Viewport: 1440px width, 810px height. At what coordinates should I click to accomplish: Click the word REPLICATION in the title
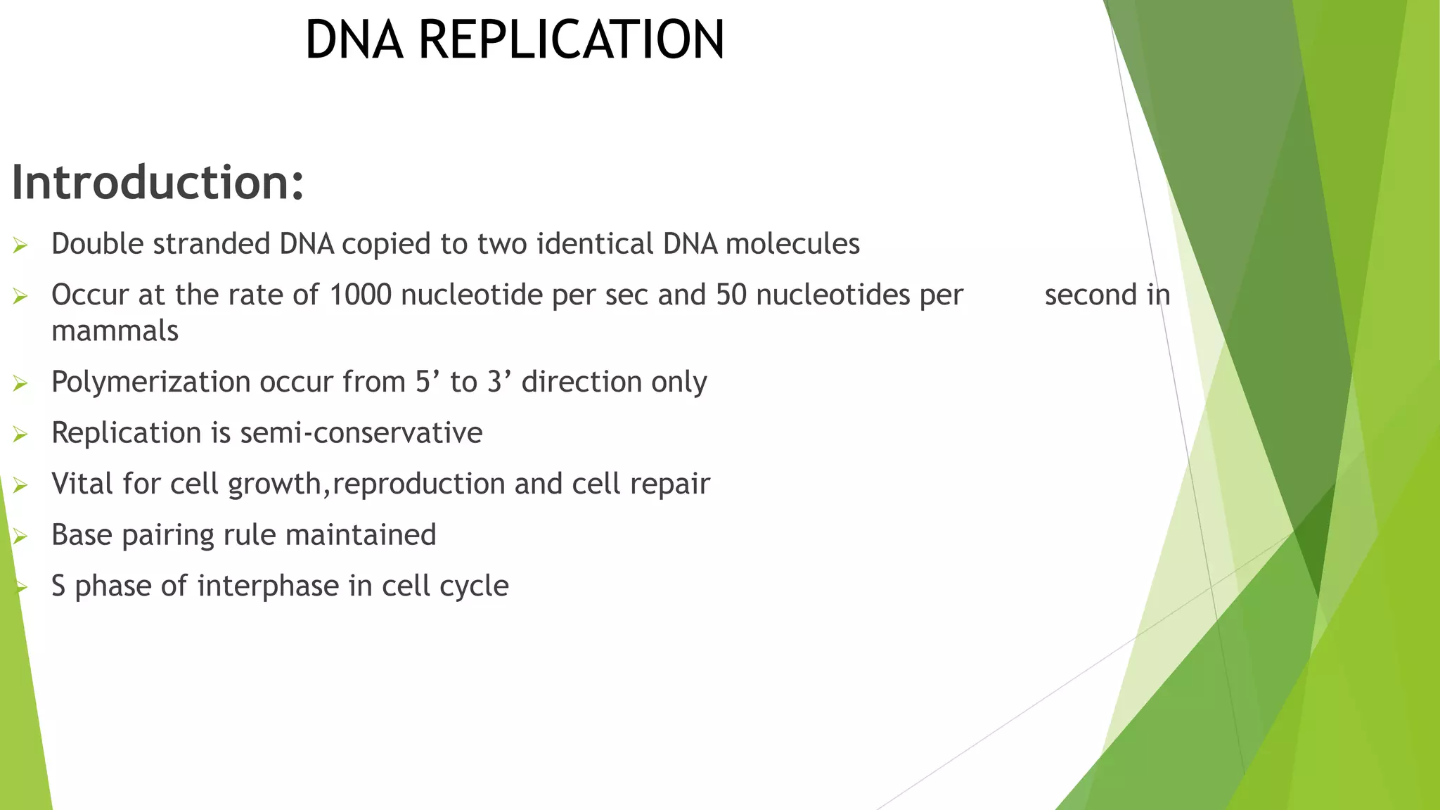[571, 39]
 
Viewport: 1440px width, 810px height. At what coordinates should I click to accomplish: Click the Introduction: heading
[157, 183]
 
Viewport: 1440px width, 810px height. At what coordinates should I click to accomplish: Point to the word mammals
[115, 331]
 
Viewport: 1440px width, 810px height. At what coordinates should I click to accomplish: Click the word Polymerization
[150, 382]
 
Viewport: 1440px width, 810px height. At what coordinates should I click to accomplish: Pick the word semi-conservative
[361, 433]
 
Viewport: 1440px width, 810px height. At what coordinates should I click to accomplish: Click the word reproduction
[418, 484]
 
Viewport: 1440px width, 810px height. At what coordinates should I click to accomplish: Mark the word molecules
[792, 244]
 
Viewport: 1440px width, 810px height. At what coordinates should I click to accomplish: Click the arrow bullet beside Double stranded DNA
[20, 245]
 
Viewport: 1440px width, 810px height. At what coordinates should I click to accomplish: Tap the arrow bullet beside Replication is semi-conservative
[20, 435]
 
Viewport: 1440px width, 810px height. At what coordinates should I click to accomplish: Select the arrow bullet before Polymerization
[20, 384]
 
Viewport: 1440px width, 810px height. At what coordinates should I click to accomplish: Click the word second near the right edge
[1091, 295]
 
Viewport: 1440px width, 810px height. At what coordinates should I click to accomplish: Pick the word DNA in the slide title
[354, 39]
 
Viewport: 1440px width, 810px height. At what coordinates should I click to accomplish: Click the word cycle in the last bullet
[474, 586]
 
